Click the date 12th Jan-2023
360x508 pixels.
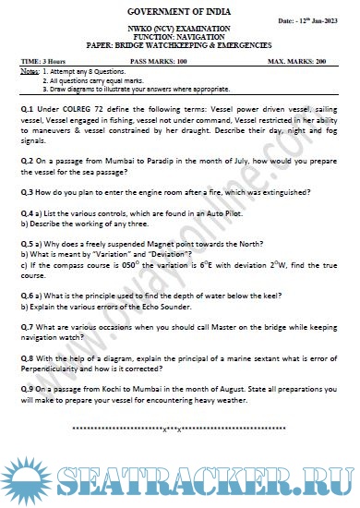(318, 20)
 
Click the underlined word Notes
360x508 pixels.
(29, 71)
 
